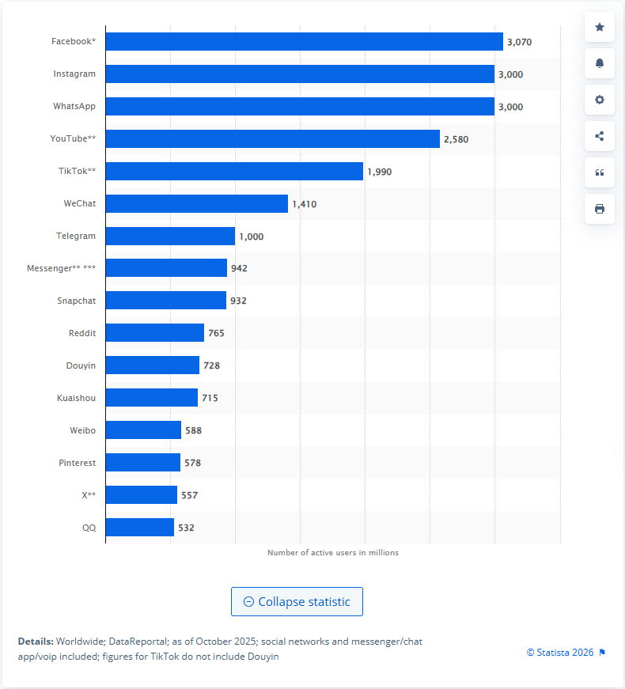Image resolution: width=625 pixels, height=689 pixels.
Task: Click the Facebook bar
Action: pos(304,41)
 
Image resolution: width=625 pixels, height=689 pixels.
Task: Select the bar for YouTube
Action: pos(272,138)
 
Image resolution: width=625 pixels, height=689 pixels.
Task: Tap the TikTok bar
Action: pos(234,171)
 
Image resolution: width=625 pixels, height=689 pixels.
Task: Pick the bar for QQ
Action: pos(139,528)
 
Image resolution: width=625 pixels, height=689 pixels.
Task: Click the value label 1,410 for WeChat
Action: pos(304,204)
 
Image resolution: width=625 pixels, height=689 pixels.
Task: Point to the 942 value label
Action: pos(239,269)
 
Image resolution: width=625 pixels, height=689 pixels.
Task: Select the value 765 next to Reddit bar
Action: pos(216,334)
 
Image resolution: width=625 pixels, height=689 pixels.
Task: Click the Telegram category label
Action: pos(76,236)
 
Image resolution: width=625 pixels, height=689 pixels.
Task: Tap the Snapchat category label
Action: pos(76,301)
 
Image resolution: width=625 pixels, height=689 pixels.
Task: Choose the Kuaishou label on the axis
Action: pos(76,398)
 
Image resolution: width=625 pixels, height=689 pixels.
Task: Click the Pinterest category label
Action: pos(77,463)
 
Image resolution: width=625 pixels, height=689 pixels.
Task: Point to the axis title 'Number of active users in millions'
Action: pos(333,552)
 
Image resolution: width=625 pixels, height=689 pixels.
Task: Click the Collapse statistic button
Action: pos(297,602)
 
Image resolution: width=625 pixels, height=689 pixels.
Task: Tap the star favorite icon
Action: pos(599,28)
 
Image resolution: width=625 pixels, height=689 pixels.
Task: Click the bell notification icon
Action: pos(599,63)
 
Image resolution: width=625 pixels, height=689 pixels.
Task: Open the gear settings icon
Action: pos(599,100)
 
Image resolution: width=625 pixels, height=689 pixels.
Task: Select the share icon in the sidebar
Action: pos(599,136)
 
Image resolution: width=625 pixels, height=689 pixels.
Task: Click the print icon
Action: pos(599,209)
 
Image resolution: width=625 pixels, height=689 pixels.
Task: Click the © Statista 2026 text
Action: pos(560,653)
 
